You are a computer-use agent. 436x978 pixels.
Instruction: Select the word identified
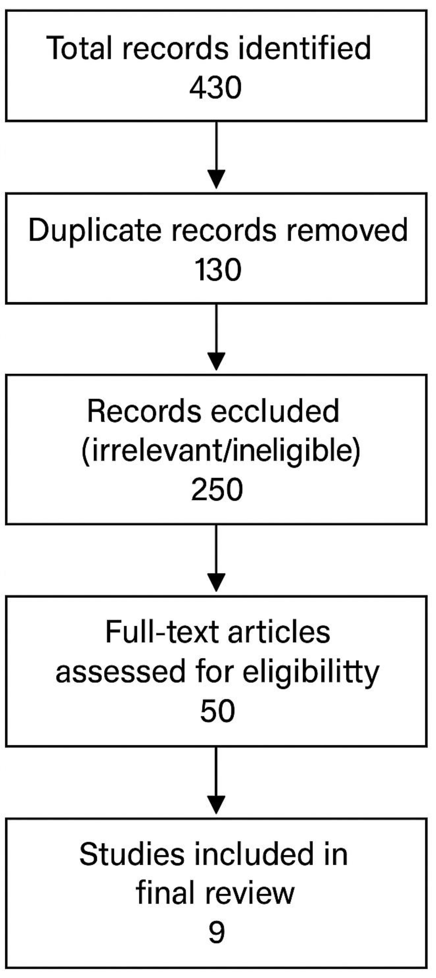303,48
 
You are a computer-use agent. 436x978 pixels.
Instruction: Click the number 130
218,270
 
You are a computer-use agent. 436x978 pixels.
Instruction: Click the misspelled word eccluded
275,411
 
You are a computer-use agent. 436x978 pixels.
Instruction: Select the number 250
217,490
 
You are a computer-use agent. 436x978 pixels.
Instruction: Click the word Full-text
160,632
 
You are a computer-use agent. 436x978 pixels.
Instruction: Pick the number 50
217,711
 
